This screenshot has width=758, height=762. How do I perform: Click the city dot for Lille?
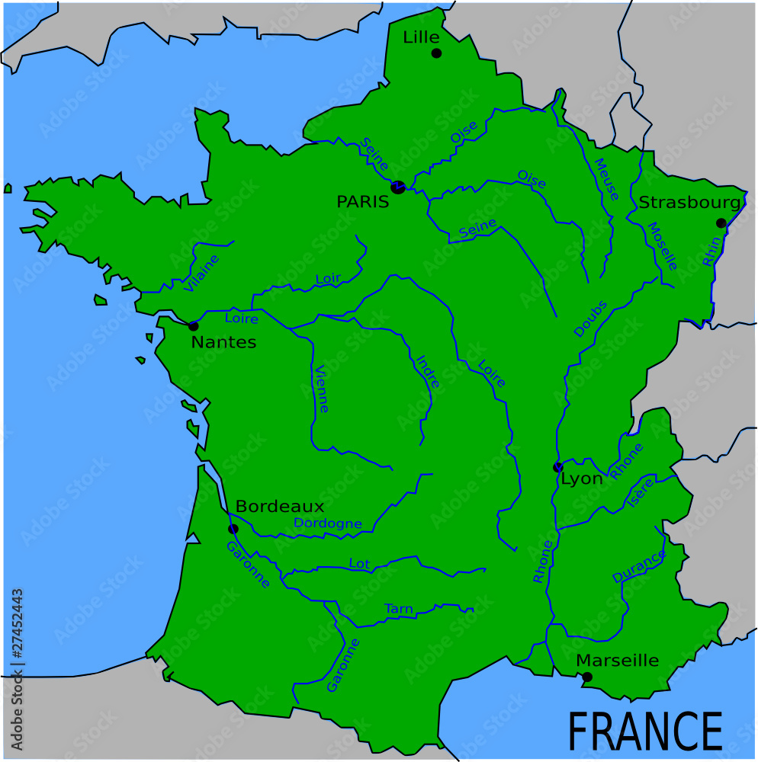[436, 53]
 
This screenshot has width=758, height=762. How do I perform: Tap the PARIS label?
[363, 202]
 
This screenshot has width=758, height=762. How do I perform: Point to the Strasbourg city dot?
[721, 223]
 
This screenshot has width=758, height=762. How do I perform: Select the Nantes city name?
[223, 342]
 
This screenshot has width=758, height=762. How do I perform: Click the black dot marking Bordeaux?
[233, 528]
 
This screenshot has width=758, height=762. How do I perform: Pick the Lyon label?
[582, 479]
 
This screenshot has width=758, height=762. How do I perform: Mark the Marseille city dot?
[587, 677]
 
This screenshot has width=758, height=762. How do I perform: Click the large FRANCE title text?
[645, 732]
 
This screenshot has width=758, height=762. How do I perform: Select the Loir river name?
[328, 279]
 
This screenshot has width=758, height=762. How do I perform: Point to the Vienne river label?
[321, 389]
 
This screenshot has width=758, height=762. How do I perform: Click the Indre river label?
[428, 372]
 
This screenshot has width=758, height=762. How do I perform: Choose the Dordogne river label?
[328, 523]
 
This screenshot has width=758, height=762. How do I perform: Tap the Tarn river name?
[399, 608]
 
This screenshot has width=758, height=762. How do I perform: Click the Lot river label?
[358, 564]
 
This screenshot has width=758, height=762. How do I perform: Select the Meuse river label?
[606, 179]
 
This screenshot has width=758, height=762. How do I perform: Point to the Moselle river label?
[662, 246]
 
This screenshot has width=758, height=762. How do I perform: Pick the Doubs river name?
[591, 319]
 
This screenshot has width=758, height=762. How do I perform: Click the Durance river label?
[639, 567]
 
